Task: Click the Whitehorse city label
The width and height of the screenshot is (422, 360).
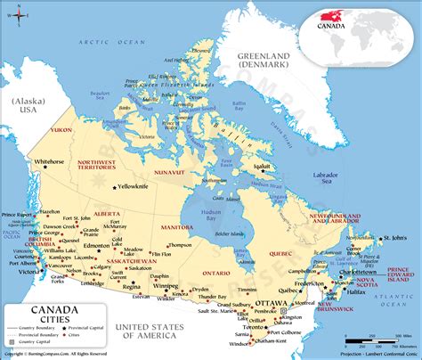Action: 49,161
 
